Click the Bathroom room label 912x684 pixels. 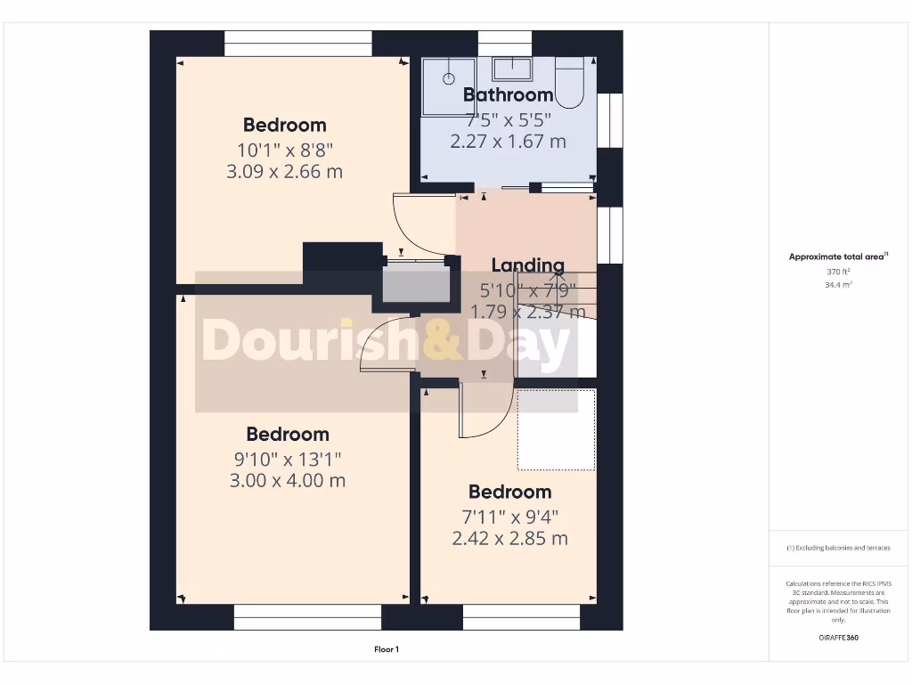509,94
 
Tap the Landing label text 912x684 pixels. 528,265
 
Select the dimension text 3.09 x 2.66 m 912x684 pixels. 285,171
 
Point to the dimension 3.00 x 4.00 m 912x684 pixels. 288,481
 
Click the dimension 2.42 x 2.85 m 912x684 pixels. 510,538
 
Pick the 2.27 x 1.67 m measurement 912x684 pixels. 509,141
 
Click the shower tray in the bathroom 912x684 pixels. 449,85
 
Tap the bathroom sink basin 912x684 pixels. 512,68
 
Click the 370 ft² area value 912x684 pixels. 838,272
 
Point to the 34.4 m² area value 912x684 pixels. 838,285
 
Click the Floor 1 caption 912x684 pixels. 387,650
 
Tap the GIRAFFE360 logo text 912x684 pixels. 838,638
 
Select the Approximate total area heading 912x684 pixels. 838,256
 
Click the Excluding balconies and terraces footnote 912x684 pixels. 838,548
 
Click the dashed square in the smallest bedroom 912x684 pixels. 557,429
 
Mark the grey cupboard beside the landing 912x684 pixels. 414,282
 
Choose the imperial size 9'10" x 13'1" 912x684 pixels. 288,459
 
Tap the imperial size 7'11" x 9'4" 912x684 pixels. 510,516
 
